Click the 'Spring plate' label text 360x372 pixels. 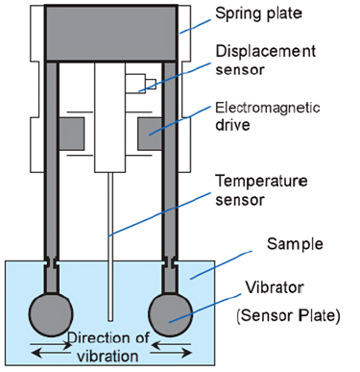[258, 14]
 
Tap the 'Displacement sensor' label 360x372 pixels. [266, 61]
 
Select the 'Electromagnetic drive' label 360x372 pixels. [268, 116]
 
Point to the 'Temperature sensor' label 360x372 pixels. [261, 190]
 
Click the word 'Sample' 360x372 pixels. [295, 244]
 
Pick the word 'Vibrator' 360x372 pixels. [275, 287]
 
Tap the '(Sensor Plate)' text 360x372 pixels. [288, 315]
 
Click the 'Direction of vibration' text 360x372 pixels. [108, 347]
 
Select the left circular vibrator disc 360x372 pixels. [51, 314]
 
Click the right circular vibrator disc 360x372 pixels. [171, 314]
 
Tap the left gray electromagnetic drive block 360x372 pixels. [72, 134]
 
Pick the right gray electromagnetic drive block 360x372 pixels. [150, 134]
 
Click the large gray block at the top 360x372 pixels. [110, 33]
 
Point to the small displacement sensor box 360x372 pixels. [140, 84]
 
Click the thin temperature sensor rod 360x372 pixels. [110, 247]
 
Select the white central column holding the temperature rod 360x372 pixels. [109, 117]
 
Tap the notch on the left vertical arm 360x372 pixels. [51, 261]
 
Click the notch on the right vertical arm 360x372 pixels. [170, 261]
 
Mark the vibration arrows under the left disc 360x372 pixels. [51, 349]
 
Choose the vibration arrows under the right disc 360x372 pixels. [171, 349]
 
